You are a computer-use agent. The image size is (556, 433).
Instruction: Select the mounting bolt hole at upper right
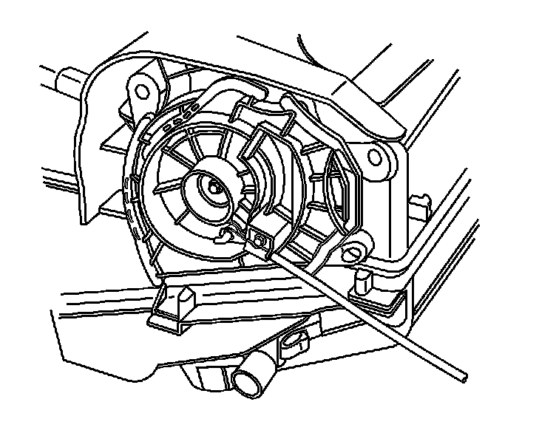(x=376, y=157)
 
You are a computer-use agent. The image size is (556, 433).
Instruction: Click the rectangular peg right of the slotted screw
(x=365, y=281)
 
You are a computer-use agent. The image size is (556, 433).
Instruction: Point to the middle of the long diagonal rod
(x=362, y=311)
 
